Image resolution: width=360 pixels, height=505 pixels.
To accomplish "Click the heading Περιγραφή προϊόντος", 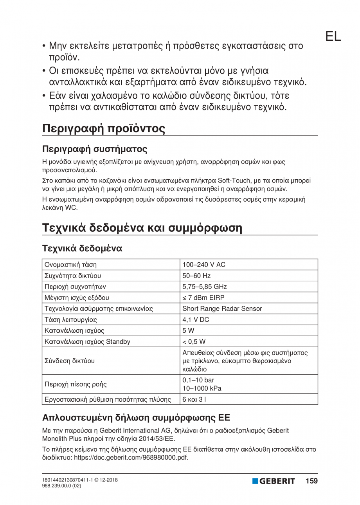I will pos(104,128).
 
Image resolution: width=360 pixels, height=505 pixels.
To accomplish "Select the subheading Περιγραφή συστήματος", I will pos(95,149).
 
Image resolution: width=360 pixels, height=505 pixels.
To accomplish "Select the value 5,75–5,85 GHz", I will pos(205,286).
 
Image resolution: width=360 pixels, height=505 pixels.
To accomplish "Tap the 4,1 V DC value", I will pos(196,319).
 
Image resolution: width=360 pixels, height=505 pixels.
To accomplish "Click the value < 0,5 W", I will pos(194,341).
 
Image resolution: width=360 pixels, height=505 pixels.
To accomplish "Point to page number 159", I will pos(311,481).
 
